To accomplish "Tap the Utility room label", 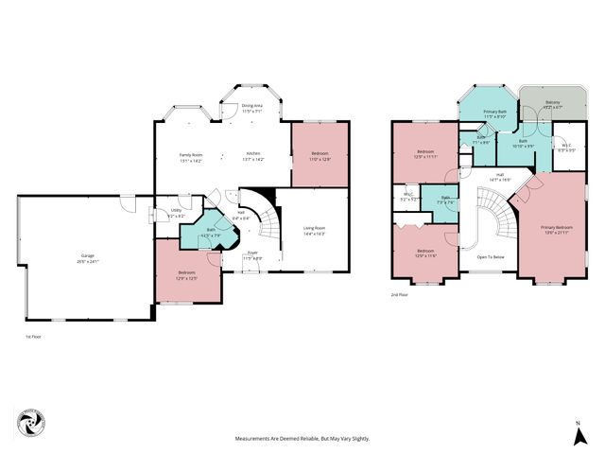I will (176, 214).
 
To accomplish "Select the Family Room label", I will (193, 157).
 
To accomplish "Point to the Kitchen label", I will (254, 157).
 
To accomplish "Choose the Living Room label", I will (315, 230).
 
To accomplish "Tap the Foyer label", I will (252, 255).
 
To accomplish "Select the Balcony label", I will (553, 105).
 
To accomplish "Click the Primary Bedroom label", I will (557, 230).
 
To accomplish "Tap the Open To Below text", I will (494, 256).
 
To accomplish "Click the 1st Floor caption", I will (34, 336).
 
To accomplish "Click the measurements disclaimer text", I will (302, 439).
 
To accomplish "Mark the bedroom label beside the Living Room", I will (320, 157).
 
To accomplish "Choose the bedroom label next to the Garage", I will (185, 275).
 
